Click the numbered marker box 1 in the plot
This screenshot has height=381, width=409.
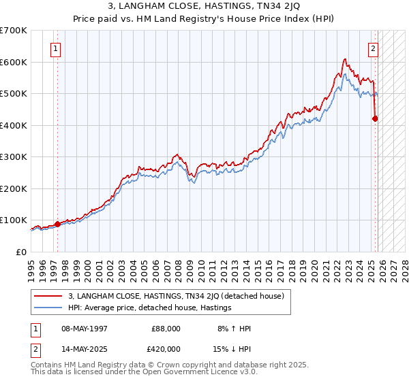[x=55, y=48]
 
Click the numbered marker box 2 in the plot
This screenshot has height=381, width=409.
[x=374, y=48]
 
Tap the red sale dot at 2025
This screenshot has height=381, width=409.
[x=376, y=118]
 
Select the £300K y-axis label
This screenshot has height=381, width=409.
[x=14, y=157]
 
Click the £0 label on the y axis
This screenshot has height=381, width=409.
[x=21, y=252]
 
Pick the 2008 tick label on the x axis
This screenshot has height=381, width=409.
[x=177, y=267]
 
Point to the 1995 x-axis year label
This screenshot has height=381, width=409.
[x=30, y=267]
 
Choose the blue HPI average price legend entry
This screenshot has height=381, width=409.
[x=150, y=308]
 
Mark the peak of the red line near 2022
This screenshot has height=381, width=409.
[x=345, y=59]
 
